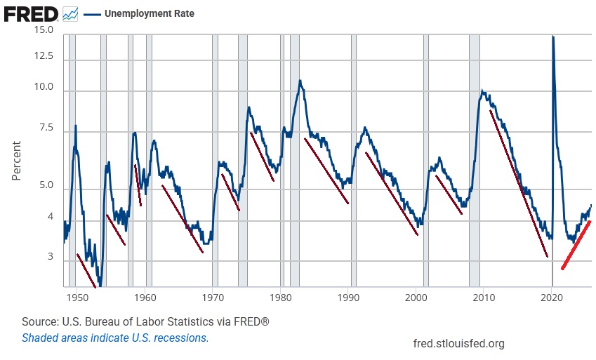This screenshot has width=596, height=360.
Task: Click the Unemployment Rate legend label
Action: click(149, 13)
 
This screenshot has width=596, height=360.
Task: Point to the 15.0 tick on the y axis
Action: click(44, 30)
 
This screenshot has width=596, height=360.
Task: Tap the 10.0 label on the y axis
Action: click(44, 88)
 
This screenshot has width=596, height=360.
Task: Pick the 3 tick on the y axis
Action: click(50, 258)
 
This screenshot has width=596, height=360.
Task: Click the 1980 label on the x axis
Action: click(281, 298)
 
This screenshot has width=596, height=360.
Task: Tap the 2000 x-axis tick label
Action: click(416, 298)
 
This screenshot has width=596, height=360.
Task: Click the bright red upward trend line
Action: click(576, 244)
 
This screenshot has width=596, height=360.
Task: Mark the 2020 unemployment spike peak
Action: click(552, 37)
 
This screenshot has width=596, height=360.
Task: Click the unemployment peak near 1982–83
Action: click(300, 81)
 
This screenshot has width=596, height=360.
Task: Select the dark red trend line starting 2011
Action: click(518, 182)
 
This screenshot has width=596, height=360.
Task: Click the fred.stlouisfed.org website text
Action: click(460, 343)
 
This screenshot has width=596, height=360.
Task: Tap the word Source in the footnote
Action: click(39, 321)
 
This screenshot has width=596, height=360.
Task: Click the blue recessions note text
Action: click(115, 338)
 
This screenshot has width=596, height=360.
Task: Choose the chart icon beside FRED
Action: click(70, 13)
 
